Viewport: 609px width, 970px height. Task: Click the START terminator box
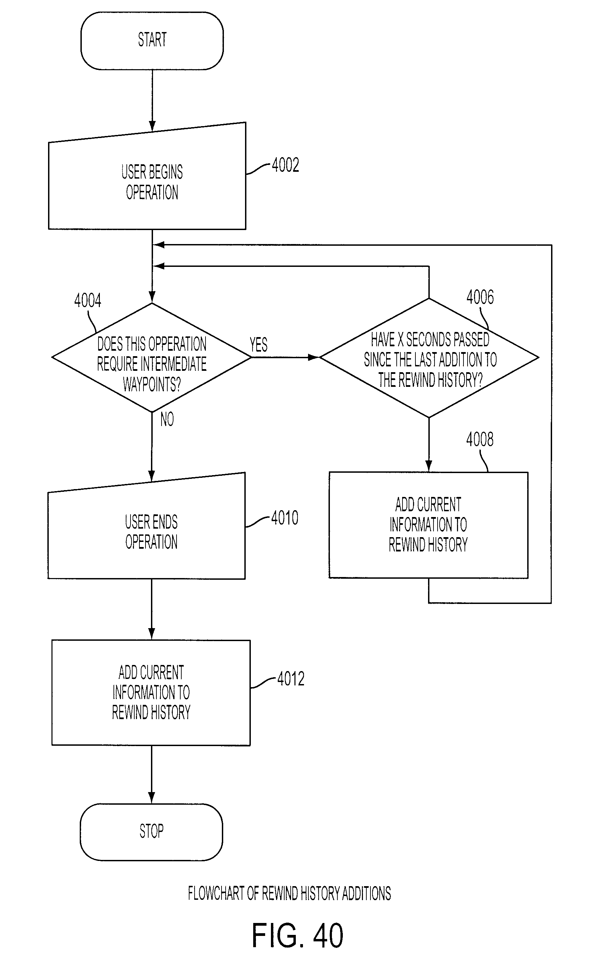pyautogui.click(x=152, y=41)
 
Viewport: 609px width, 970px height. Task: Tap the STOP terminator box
pyautogui.click(x=151, y=832)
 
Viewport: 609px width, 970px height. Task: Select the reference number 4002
pyautogui.click(x=286, y=165)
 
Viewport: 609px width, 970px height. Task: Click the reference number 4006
pyautogui.click(x=480, y=297)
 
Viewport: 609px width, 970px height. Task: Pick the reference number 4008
pyautogui.click(x=480, y=439)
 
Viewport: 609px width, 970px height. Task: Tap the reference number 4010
pyautogui.click(x=285, y=518)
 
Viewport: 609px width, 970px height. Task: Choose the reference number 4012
pyautogui.click(x=291, y=679)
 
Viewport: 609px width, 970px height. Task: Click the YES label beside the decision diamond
pyautogui.click(x=259, y=345)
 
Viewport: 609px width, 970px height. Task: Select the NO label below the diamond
pyautogui.click(x=167, y=419)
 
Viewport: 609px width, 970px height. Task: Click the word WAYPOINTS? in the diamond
pyautogui.click(x=152, y=384)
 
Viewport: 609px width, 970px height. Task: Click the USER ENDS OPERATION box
pyautogui.click(x=147, y=526)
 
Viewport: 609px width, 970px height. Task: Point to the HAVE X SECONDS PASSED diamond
pyautogui.click(x=429, y=358)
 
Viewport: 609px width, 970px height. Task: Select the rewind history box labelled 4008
pyautogui.click(x=429, y=525)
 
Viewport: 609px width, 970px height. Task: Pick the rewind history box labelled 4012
pyautogui.click(x=151, y=693)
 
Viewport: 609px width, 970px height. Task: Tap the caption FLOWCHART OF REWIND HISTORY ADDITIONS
pyautogui.click(x=290, y=893)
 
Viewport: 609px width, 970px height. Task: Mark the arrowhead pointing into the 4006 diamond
pyautogui.click(x=314, y=357)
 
